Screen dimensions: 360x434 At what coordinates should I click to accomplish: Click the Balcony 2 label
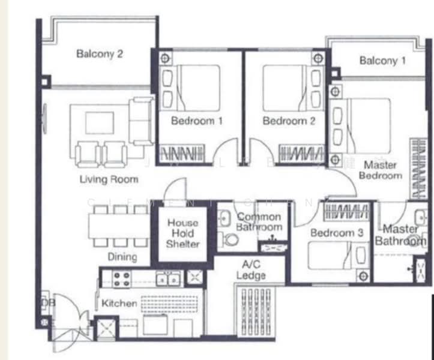[x=100, y=54]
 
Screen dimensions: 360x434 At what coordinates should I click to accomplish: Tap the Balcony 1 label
[x=382, y=61]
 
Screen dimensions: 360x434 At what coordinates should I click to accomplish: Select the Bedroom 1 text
[x=197, y=121]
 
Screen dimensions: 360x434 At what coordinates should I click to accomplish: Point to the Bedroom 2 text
[x=289, y=121]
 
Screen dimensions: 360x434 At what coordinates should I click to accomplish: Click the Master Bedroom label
[x=380, y=170]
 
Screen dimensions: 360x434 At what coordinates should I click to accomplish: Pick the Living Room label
[x=109, y=179]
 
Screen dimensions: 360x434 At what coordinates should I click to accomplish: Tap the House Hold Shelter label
[x=182, y=233]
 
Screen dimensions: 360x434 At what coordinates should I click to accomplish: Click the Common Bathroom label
[x=259, y=222]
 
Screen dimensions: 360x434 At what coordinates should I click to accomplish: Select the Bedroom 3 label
[x=337, y=233]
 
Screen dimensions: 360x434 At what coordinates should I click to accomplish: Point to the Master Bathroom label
[x=400, y=235]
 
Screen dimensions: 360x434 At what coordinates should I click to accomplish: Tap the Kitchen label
[x=119, y=304]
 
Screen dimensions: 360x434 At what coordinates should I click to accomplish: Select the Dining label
[x=123, y=257]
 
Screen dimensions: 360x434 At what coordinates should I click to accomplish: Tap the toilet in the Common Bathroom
[x=229, y=239]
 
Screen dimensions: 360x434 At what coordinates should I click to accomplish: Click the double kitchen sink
[x=167, y=278]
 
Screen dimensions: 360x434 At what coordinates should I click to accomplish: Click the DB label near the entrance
[x=47, y=304]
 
